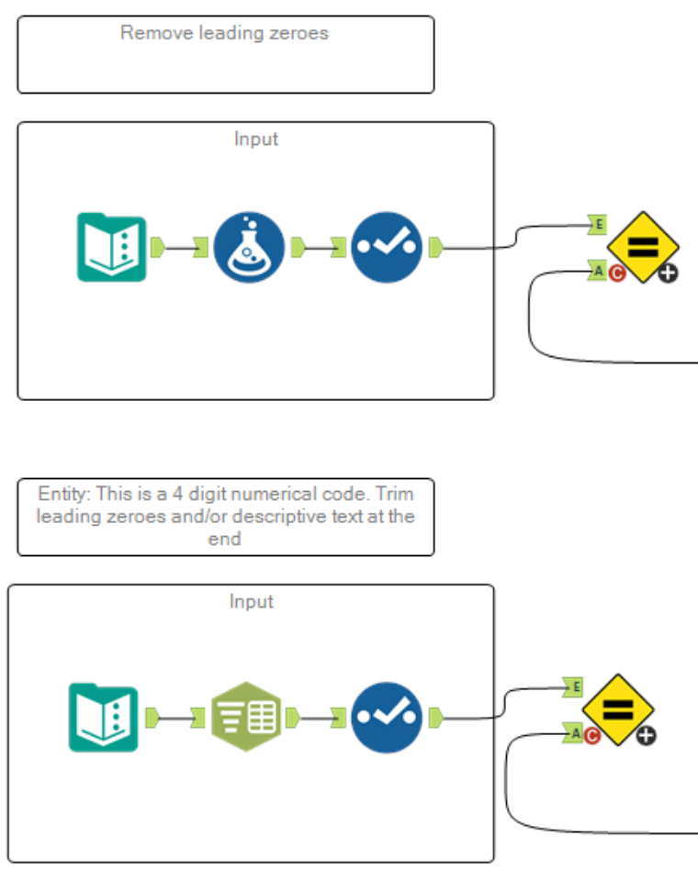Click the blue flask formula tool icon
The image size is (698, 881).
click(249, 247)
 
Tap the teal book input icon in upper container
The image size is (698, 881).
click(111, 247)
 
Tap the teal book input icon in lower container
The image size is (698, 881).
click(104, 718)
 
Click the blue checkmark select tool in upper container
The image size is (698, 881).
click(387, 247)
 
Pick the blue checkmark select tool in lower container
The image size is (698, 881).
click(387, 718)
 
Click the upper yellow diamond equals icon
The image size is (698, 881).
click(643, 247)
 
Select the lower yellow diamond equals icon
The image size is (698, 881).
click(618, 709)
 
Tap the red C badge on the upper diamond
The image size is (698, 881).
click(616, 273)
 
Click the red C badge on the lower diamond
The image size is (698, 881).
click(591, 734)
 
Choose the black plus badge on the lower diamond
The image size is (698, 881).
click(646, 734)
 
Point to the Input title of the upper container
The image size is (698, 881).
click(255, 139)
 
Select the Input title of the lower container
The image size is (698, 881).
click(251, 602)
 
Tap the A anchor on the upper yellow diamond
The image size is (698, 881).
click(597, 271)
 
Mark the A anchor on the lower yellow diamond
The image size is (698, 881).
click(572, 732)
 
